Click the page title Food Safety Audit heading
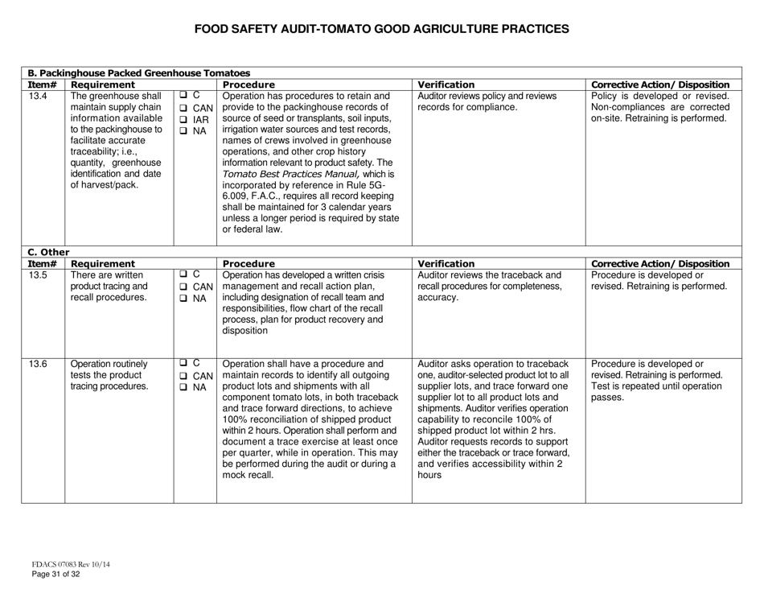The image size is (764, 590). pos(382,29)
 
